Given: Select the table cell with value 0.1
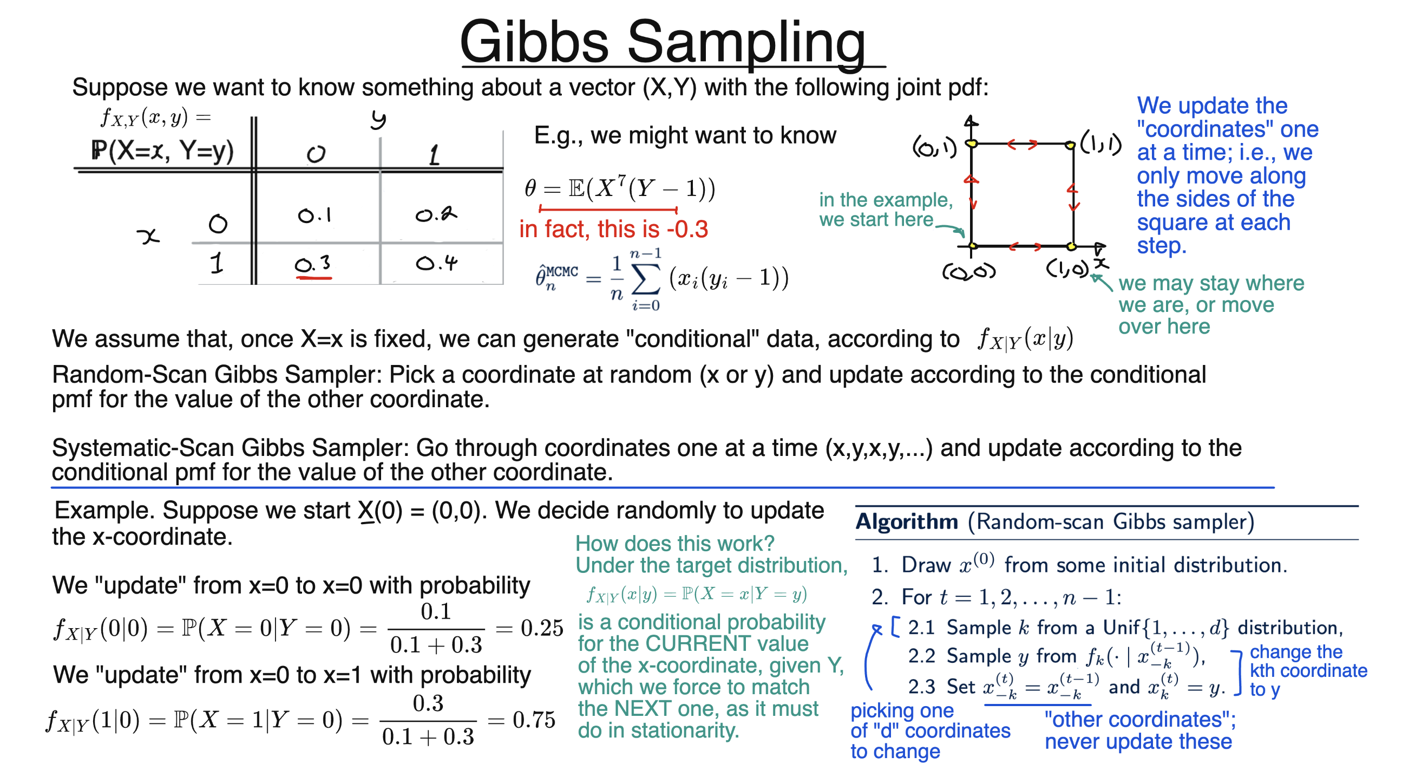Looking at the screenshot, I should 315,216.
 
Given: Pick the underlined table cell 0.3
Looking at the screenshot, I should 313,265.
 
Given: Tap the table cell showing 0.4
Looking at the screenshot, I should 436,264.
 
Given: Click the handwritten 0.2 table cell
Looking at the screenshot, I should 436,214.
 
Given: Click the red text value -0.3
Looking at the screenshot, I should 687,229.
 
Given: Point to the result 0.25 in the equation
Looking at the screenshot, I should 541,628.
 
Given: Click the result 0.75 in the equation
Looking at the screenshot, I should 534,720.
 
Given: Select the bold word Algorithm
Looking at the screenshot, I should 906,521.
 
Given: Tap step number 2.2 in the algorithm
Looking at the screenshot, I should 921,656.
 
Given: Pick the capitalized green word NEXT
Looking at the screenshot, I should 641,709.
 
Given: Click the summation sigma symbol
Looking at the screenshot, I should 646,280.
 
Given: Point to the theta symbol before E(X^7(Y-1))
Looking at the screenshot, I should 530,188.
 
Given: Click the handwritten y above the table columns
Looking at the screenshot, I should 378,119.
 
